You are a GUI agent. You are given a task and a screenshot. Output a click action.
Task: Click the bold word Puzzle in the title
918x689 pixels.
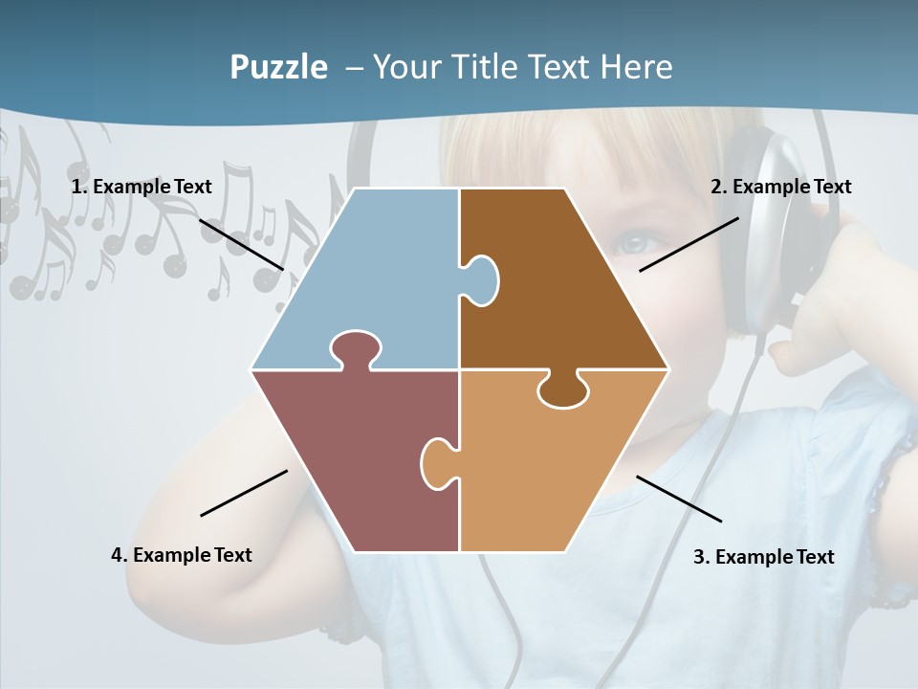[278, 67]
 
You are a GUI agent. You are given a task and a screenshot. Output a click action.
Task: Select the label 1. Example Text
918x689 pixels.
[142, 187]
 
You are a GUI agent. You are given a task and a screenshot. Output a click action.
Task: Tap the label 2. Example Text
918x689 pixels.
[780, 187]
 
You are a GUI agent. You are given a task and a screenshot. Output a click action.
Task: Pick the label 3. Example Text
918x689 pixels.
[763, 557]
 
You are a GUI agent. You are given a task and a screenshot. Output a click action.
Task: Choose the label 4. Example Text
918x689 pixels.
[182, 555]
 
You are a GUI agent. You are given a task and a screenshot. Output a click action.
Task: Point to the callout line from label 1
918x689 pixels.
[241, 244]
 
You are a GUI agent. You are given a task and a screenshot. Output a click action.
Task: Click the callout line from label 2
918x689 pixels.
[688, 244]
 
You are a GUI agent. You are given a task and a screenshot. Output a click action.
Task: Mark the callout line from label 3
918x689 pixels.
[679, 499]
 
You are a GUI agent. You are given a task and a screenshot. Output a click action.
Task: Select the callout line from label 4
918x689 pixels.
[244, 493]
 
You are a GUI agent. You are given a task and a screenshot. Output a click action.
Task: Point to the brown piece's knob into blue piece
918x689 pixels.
[481, 279]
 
